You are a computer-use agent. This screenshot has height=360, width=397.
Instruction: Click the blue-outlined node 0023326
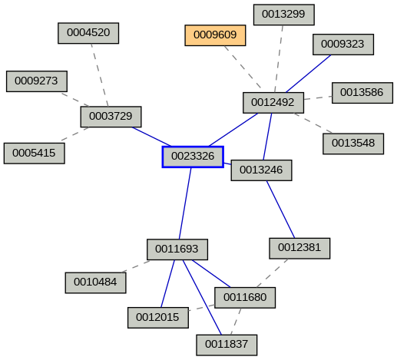(x=193, y=157)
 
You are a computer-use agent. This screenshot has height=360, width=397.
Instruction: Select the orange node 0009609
(x=215, y=35)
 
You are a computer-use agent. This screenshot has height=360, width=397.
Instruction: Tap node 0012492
(x=273, y=103)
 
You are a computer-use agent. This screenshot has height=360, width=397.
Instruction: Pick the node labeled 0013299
(x=283, y=14)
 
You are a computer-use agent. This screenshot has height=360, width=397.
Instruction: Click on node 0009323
(x=342, y=45)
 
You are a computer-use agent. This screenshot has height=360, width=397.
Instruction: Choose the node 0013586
(x=362, y=92)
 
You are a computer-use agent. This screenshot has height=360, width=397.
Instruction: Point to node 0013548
(x=353, y=144)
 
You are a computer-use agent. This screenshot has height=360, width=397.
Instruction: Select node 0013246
(x=261, y=170)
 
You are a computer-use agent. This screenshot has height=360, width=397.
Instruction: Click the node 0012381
(x=299, y=248)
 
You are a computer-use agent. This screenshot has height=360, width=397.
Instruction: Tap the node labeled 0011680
(x=245, y=297)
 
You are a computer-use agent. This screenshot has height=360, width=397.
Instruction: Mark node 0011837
(x=227, y=345)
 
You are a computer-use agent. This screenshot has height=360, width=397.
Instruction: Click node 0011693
(x=177, y=249)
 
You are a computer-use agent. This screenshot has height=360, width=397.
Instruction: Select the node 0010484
(x=95, y=282)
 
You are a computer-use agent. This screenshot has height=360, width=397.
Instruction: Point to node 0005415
(x=34, y=153)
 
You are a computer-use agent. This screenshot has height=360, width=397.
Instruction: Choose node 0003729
(x=111, y=117)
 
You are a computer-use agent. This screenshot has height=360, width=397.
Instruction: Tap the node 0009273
(x=37, y=81)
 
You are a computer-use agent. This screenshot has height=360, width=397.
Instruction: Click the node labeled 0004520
(x=88, y=33)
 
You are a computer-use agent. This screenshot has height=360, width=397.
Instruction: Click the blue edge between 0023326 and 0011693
(x=185, y=203)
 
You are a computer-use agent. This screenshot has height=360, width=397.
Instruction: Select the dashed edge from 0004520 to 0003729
(x=99, y=74)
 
